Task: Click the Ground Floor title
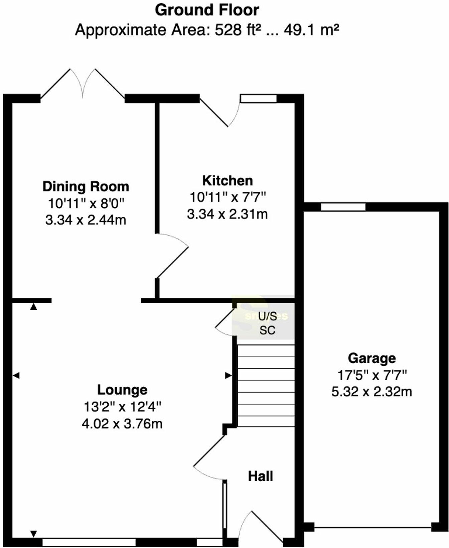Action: click(207, 10)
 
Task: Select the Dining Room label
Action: click(86, 186)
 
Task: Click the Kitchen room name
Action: click(228, 180)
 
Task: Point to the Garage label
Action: click(371, 358)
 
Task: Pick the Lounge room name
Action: click(122, 390)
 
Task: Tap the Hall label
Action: click(260, 476)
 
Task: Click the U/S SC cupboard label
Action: click(267, 323)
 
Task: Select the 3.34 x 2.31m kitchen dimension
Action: click(227, 214)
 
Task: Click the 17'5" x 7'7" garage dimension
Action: click(372, 375)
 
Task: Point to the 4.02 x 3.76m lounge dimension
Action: click(122, 424)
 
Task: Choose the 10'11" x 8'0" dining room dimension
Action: click(86, 203)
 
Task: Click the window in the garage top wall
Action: click(343, 207)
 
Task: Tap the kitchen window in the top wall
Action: click(259, 98)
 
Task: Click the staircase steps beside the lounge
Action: click(266, 386)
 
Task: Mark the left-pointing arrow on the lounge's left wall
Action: click(16, 376)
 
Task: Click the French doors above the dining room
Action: click(83, 84)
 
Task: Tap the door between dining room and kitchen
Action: click(172, 256)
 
